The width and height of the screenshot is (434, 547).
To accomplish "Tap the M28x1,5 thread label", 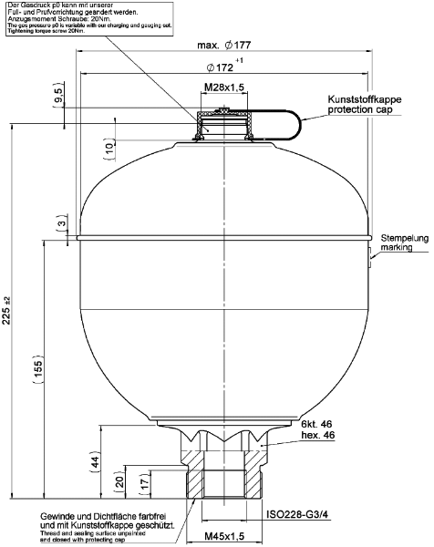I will [223, 88].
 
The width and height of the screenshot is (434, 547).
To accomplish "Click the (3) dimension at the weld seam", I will [59, 224].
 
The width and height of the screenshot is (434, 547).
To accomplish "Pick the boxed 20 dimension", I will [119, 480].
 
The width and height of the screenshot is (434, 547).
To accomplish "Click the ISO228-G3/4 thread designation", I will [301, 512].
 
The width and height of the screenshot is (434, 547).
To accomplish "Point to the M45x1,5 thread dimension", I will [223, 535].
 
